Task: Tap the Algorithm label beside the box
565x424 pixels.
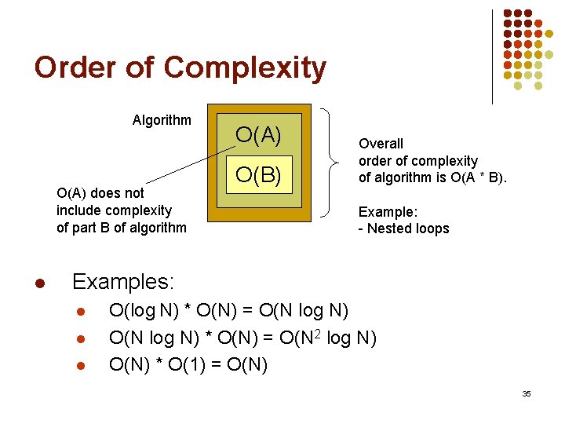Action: (162, 120)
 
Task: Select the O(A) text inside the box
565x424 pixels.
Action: (258, 136)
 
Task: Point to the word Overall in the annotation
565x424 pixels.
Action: (381, 144)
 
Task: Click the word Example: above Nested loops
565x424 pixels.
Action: (388, 211)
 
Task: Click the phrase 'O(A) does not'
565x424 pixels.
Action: (100, 193)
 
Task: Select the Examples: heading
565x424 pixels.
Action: (123, 280)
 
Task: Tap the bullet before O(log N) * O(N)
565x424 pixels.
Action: (80, 312)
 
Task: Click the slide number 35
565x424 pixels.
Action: (526, 393)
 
